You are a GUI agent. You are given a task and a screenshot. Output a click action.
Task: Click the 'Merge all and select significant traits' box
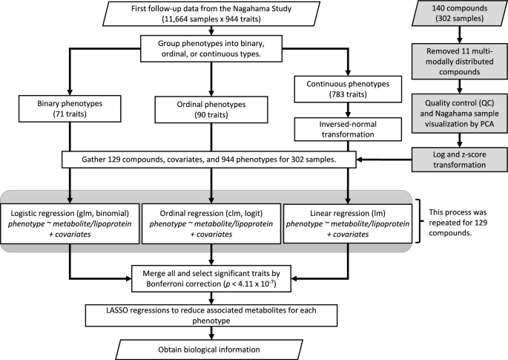(x=211, y=275)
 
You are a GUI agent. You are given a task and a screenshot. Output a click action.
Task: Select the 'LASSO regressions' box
(x=211, y=315)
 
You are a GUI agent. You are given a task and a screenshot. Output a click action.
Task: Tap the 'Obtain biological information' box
(x=211, y=349)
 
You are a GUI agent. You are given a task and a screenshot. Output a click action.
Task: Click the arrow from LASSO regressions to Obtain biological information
(x=211, y=333)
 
